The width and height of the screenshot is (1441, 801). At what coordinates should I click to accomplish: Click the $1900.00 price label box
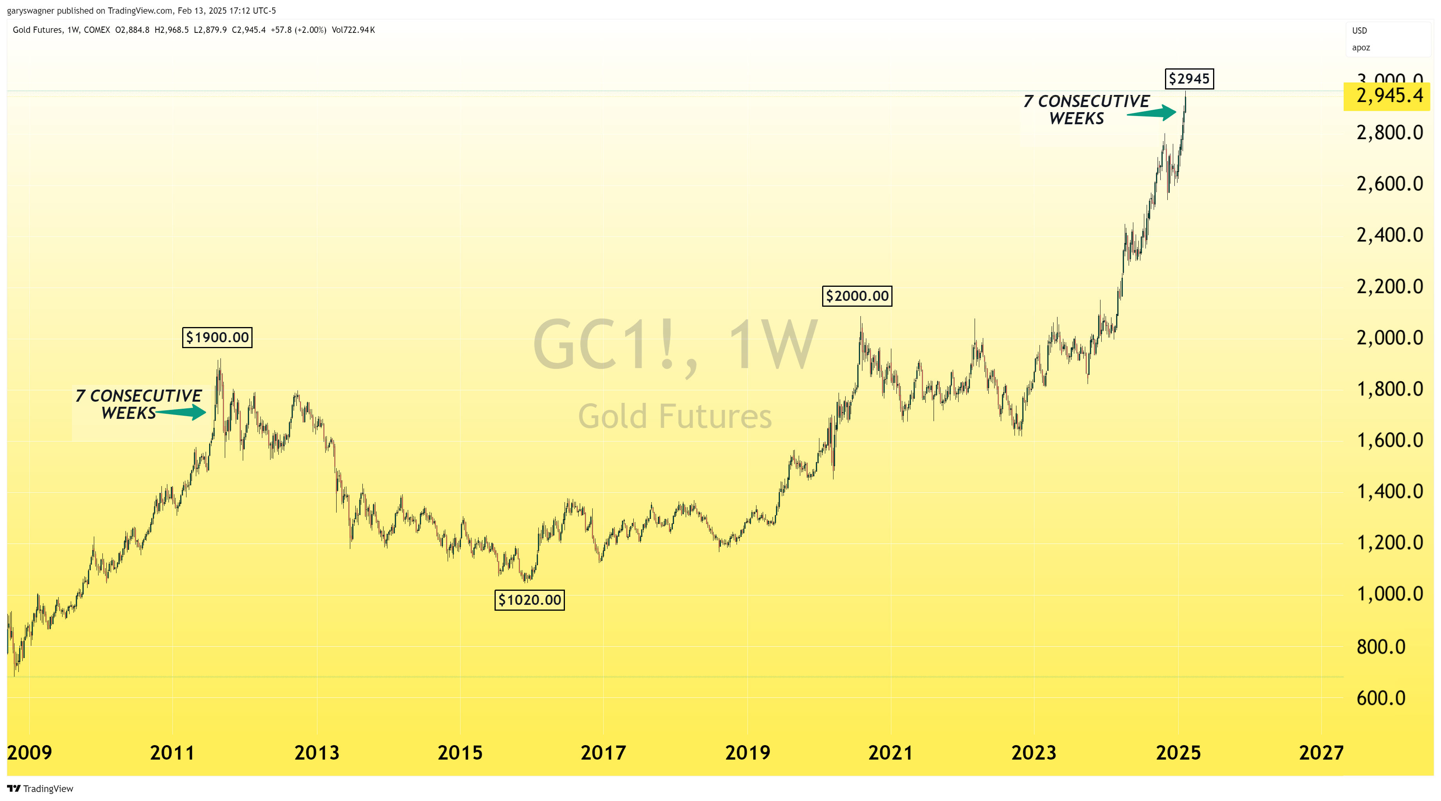click(x=217, y=338)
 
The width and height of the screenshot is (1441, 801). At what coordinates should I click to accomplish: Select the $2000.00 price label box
click(x=857, y=296)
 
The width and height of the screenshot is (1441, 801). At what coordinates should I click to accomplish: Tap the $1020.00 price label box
click(x=529, y=600)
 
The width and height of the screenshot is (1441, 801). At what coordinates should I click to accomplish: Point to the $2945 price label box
click(x=1189, y=79)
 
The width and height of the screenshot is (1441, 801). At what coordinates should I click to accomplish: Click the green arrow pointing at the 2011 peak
click(x=182, y=413)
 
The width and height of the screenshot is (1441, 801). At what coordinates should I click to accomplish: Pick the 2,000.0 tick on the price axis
click(x=1389, y=338)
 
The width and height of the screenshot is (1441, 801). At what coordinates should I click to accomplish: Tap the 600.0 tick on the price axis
click(x=1380, y=697)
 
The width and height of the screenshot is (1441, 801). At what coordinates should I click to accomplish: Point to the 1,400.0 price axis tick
click(x=1389, y=491)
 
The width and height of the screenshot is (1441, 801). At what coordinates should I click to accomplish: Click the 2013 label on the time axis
click(x=317, y=753)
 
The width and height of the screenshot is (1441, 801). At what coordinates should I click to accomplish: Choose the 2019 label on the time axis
click(x=747, y=753)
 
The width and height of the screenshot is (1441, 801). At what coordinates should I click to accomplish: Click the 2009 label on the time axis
click(x=30, y=753)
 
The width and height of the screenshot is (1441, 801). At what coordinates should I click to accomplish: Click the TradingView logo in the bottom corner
click(x=40, y=789)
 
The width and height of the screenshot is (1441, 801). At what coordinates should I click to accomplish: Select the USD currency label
click(x=1359, y=31)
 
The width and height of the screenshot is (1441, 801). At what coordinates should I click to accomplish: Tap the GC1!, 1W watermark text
click(x=675, y=345)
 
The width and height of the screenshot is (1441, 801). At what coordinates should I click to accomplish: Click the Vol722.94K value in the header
click(x=353, y=30)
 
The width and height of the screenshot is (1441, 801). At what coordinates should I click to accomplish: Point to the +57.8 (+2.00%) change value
click(x=298, y=30)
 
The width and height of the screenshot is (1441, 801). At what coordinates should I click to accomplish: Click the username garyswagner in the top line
click(x=30, y=11)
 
